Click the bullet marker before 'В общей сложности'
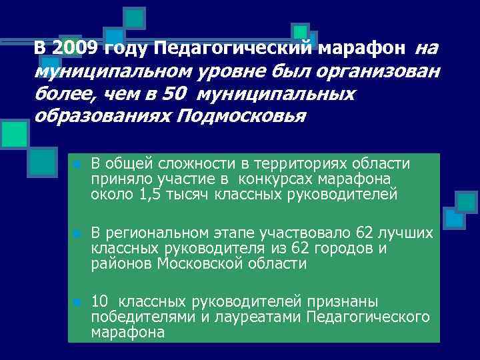[x=78, y=165]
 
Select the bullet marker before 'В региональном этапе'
[x=78, y=234]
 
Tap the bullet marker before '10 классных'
[x=78, y=303]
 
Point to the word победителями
[x=135, y=317]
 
